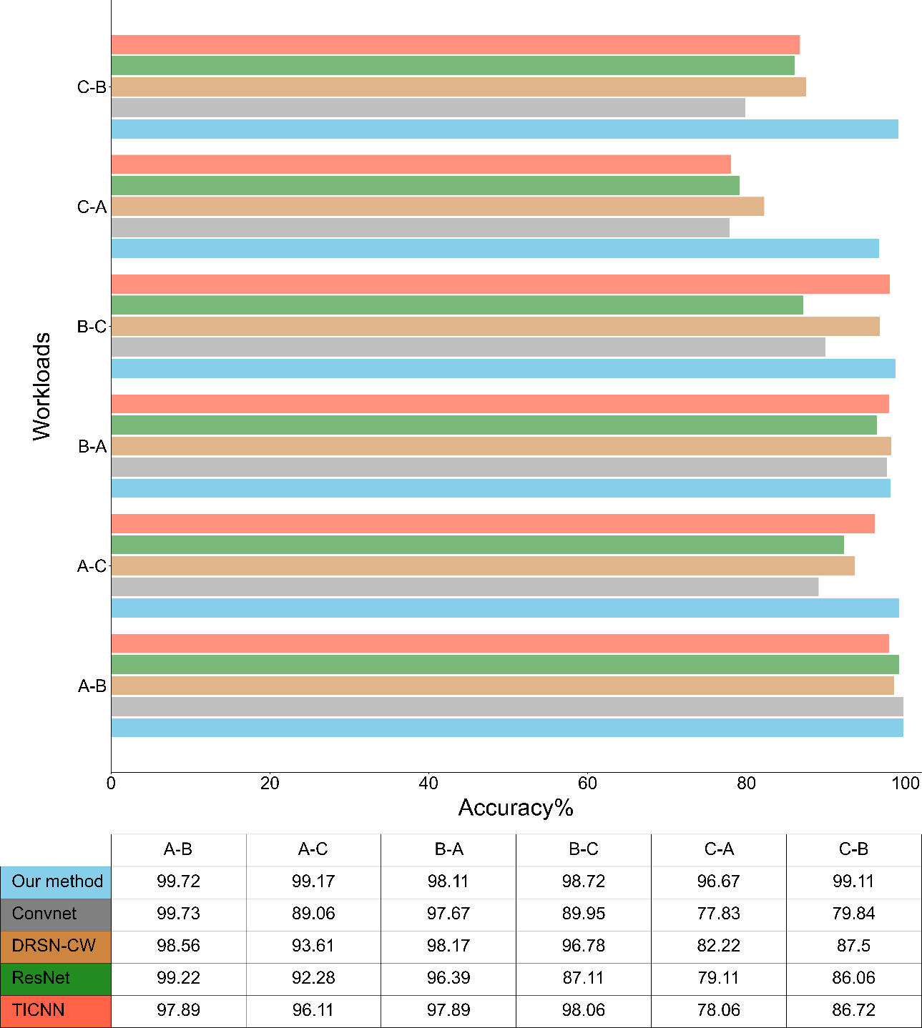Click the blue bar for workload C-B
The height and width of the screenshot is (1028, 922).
click(x=504, y=129)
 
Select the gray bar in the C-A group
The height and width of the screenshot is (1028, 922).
click(x=420, y=228)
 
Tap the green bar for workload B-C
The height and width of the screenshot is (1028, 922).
click(x=456, y=305)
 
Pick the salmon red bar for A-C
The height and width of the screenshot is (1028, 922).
click(x=492, y=524)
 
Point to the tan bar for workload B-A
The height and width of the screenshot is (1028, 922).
click(x=501, y=446)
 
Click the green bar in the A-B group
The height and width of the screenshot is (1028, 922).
click(x=504, y=665)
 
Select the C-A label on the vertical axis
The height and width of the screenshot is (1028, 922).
click(x=92, y=207)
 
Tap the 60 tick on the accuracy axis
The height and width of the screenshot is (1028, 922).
click(x=587, y=784)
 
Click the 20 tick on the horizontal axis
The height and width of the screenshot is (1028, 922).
click(x=270, y=784)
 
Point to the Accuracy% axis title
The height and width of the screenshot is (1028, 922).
click(x=516, y=808)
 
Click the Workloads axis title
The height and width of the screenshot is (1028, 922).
click(x=42, y=386)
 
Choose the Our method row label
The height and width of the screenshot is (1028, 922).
click(x=57, y=881)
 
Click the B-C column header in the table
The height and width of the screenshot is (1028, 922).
click(x=583, y=849)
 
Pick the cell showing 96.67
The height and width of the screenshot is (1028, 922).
click(x=718, y=881)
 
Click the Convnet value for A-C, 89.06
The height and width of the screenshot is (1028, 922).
click(x=313, y=914)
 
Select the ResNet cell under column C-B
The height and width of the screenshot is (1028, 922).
click(x=853, y=978)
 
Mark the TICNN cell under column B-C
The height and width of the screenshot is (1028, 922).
click(x=583, y=1010)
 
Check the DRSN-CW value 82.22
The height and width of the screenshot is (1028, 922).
click(x=718, y=946)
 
